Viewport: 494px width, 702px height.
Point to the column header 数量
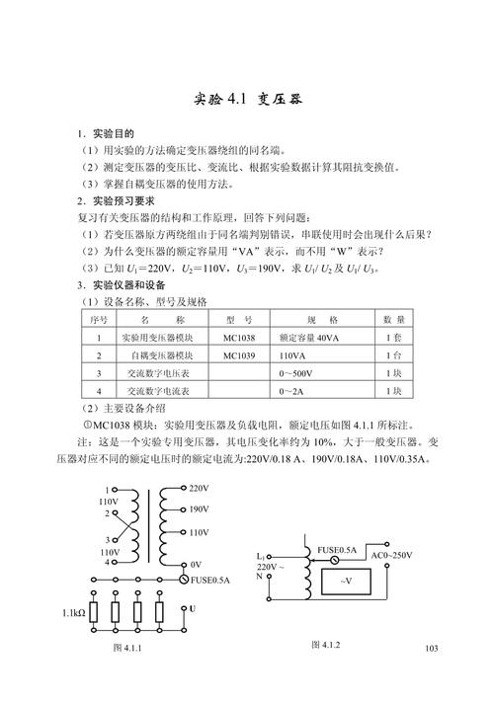(x=393, y=320)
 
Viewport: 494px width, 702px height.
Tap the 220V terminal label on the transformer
(x=199, y=489)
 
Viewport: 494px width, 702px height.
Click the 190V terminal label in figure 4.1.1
(x=199, y=510)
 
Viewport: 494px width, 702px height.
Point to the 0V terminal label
(x=196, y=564)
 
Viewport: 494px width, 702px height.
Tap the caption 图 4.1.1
(x=129, y=648)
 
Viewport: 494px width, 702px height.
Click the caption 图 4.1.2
(x=325, y=645)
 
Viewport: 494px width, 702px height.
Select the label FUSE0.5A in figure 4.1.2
(x=338, y=549)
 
